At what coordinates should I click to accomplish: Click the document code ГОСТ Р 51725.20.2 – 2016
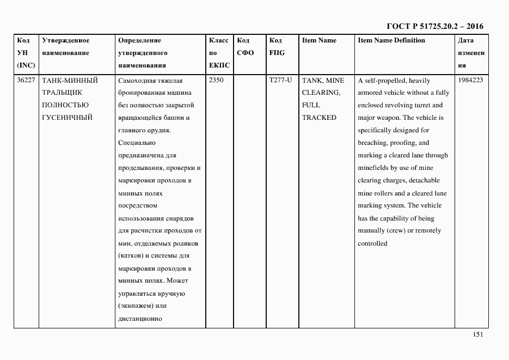(434, 26)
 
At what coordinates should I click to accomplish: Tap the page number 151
(477, 335)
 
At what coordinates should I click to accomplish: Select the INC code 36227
(27, 80)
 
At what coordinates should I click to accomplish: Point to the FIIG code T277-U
(280, 80)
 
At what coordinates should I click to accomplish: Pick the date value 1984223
(470, 80)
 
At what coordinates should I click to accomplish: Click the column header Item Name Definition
(391, 40)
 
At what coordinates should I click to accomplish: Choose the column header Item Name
(319, 40)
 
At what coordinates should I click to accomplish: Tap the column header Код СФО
(246, 46)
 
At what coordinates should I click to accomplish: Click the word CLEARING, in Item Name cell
(321, 93)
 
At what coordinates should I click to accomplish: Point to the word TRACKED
(319, 118)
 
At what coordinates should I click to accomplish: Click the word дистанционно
(140, 319)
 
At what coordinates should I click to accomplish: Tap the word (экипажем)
(136, 306)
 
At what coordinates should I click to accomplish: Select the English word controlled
(372, 243)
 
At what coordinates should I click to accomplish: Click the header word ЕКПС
(219, 65)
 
